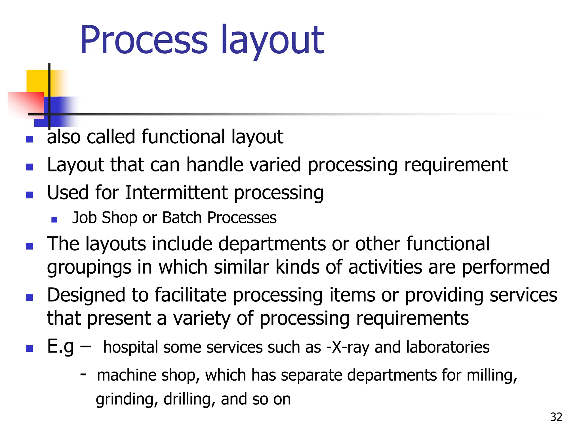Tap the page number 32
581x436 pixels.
pyautogui.click(x=556, y=417)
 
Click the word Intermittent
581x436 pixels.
pyautogui.click(x=176, y=193)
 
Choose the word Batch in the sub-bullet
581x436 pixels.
pyautogui.click(x=182, y=218)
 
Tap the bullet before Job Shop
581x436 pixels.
pyautogui.click(x=54, y=219)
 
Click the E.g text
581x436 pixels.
pyautogui.click(x=60, y=347)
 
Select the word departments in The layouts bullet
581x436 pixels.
pyautogui.click(x=272, y=244)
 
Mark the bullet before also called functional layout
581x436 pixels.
pyautogui.click(x=30, y=139)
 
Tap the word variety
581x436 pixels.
pyautogui.click(x=202, y=318)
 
